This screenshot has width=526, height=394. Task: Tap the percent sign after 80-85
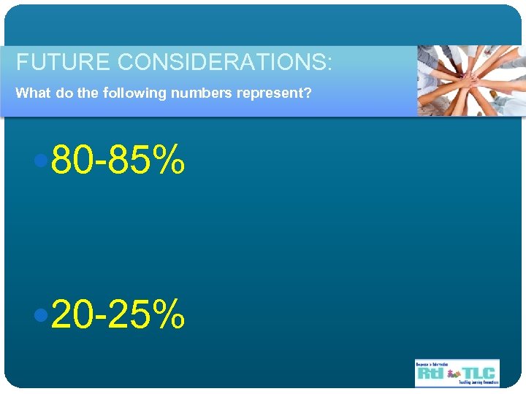[x=168, y=161]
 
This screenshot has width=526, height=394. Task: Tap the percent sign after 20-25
[x=168, y=314]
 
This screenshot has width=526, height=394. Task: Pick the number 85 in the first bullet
[x=129, y=161]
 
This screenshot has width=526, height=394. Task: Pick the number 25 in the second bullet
[x=129, y=314]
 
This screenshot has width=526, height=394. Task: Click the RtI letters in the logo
[x=430, y=374]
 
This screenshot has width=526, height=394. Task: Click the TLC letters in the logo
[x=478, y=372]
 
